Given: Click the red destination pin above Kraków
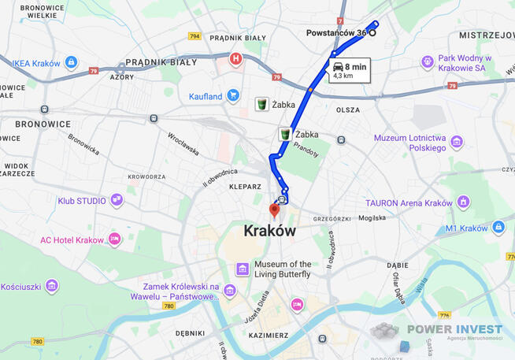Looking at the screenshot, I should (275, 210).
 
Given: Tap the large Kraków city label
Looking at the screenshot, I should (270, 232).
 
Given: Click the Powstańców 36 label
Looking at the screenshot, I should (336, 33).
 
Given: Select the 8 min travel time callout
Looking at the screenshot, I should (349, 71).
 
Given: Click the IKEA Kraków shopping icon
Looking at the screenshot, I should (71, 62).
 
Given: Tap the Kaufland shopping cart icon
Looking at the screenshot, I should (233, 96).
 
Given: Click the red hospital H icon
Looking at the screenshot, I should (235, 58).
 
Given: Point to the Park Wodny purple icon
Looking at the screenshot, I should (428, 61).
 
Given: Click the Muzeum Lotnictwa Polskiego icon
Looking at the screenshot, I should (456, 143).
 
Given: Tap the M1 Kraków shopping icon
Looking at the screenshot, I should (498, 228).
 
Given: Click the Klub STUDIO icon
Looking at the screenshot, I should (117, 200).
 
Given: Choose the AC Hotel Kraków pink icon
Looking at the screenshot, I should (115, 239).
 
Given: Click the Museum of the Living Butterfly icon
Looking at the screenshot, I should (243, 269).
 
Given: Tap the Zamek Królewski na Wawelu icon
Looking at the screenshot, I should (229, 291).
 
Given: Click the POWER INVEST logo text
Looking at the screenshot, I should (454, 329).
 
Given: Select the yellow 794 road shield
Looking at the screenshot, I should (195, 36).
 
